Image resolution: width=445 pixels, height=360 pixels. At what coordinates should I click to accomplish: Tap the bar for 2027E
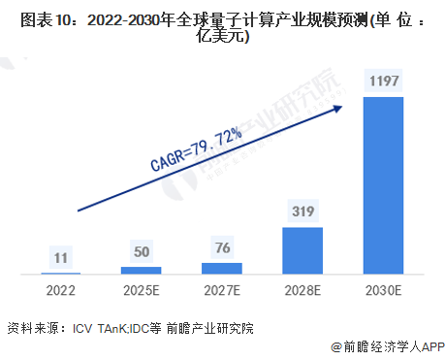[x=221, y=268]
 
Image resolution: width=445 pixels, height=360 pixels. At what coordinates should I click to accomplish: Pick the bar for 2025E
[x=141, y=270]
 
